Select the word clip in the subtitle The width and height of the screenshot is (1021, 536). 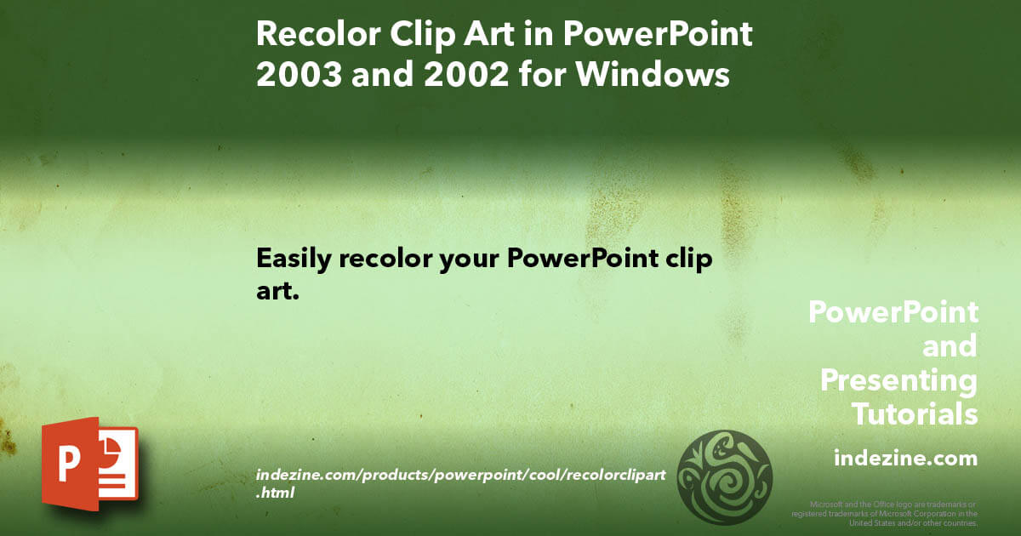click(686, 259)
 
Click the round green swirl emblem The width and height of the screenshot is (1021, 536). click(724, 476)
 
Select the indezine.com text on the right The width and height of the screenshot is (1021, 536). click(905, 459)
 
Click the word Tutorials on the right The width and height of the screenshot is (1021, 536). click(915, 414)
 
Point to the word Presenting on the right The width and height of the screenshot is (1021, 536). click(898, 380)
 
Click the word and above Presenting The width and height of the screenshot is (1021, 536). click(950, 346)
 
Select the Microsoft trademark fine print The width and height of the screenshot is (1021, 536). click(885, 514)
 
